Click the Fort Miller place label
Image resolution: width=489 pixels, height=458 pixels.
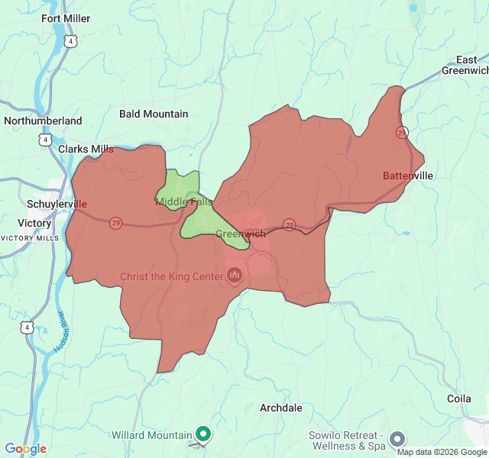[66, 18]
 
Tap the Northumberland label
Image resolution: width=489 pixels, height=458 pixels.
[43, 121]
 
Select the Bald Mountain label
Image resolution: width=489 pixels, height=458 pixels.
[154, 114]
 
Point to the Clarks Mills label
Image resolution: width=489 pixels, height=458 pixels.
[86, 149]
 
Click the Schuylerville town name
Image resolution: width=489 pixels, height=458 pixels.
[57, 205]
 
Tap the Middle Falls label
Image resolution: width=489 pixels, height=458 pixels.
[184, 202]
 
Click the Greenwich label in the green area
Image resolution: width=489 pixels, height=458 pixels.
[241, 234]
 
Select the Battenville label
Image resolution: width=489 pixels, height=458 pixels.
[408, 176]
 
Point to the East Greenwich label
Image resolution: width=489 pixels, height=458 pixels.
[465, 66]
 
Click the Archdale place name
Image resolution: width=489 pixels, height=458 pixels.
[281, 408]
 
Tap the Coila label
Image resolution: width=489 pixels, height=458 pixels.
[459, 398]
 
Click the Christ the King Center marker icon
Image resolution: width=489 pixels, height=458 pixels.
[235, 276]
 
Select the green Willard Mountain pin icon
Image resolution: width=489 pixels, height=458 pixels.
[202, 435]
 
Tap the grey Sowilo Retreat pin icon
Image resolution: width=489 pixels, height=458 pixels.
[397, 439]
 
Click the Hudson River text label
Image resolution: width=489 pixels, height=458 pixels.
[60, 331]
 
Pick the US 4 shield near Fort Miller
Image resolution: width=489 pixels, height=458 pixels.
[70, 42]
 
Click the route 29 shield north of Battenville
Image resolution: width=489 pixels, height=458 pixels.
[402, 132]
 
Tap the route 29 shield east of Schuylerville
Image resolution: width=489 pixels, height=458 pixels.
[115, 223]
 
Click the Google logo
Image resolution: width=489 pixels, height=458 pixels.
[25, 449]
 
